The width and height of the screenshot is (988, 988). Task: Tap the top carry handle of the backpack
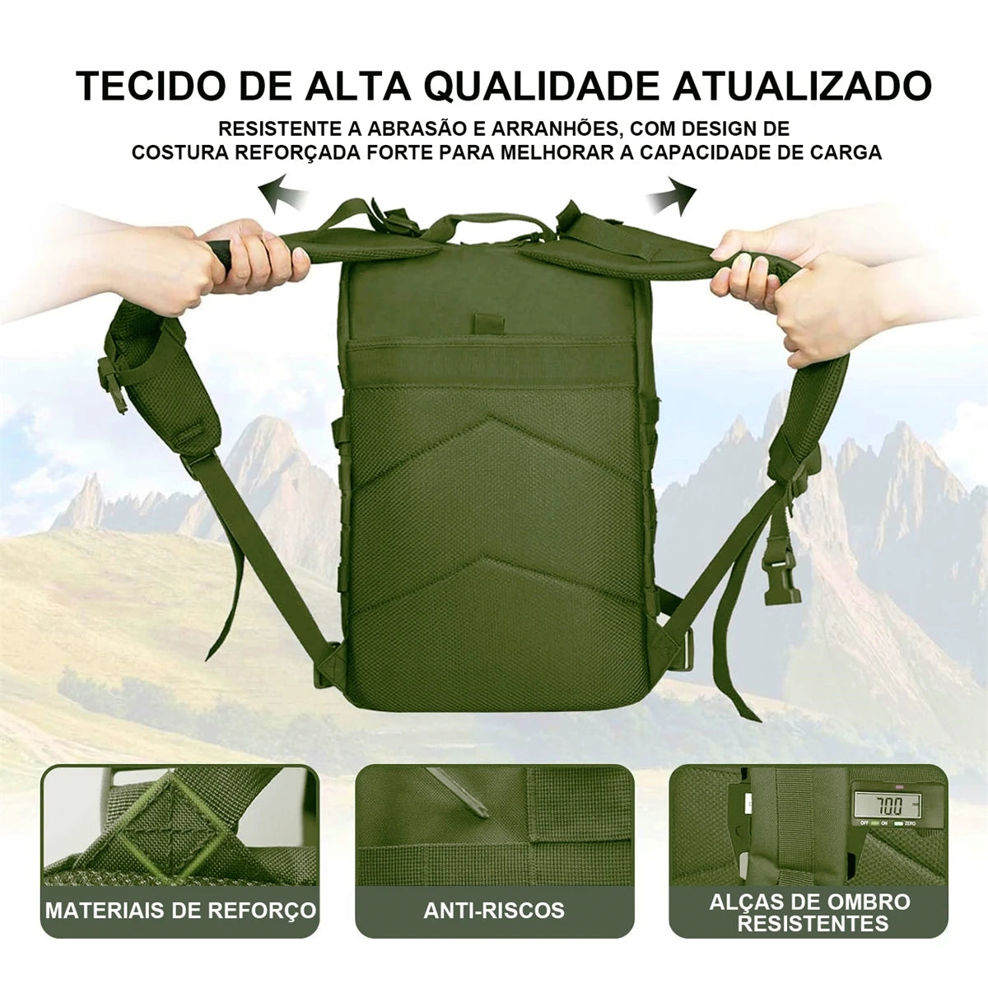493,225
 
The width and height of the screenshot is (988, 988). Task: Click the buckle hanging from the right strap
783,576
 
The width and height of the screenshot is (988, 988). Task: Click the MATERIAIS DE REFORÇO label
180,911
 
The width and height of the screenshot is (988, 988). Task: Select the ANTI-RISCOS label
494,911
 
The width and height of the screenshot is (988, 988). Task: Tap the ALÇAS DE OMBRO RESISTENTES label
811,912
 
